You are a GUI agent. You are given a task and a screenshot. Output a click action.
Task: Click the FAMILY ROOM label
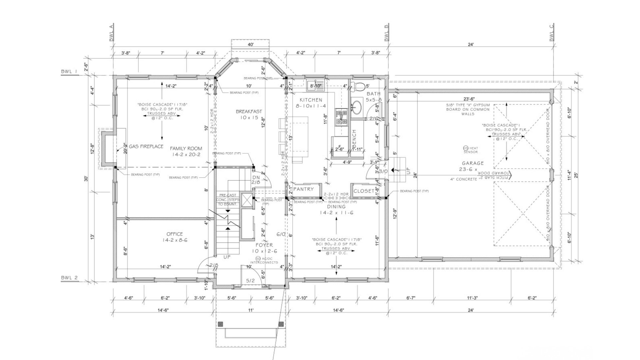coord(186,149)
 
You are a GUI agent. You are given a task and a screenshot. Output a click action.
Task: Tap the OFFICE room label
coord(175,234)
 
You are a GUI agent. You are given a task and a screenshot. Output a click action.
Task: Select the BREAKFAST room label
coord(249,112)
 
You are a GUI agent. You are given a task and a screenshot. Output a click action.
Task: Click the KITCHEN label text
coord(311,100)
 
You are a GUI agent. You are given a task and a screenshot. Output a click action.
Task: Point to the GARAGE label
coord(473,163)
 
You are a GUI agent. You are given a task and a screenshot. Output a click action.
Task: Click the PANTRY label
coord(303,189)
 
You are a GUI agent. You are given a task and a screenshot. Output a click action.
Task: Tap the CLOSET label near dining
coord(364,191)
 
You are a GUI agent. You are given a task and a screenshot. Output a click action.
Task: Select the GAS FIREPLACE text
coord(146,146)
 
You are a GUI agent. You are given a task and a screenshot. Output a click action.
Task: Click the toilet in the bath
coord(359,87)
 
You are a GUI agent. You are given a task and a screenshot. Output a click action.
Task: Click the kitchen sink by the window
coord(315,83)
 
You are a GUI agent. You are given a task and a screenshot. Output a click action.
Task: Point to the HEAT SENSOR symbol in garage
coord(465,148)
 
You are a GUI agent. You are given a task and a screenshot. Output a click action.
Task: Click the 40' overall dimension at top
coord(251,45)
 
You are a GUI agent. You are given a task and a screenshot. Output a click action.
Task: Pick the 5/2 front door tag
coord(250,281)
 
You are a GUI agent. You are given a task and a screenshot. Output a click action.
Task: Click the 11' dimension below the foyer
coord(251,310)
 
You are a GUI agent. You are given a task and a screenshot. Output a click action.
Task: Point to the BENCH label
coord(354,139)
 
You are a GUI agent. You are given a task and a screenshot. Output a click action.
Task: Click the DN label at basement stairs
coord(256,177)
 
